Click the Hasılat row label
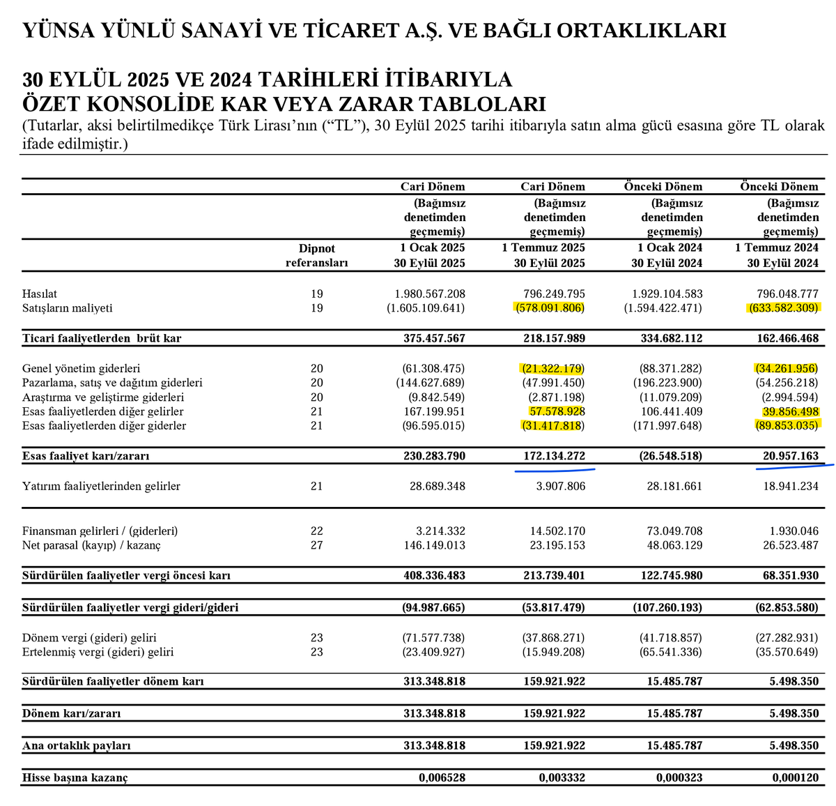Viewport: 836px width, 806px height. [x=40, y=294]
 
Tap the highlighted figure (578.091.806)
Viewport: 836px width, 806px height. [x=550, y=307]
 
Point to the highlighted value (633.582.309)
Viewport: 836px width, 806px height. [x=784, y=307]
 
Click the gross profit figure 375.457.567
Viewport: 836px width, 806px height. [x=434, y=338]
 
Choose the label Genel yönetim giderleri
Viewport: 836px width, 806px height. [x=81, y=368]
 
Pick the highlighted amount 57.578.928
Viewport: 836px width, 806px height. [x=557, y=411]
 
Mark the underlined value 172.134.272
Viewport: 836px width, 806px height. [x=555, y=456]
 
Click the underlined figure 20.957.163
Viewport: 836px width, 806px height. [x=790, y=456]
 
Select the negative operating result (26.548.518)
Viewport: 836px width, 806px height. [x=669, y=456]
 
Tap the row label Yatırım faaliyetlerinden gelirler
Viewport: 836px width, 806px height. [x=101, y=486]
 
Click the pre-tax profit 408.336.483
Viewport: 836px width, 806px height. [x=434, y=576]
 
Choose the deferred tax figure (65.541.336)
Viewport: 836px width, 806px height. [x=669, y=652]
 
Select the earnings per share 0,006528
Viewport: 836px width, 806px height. [x=442, y=777]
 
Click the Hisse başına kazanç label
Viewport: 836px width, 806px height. [x=75, y=777]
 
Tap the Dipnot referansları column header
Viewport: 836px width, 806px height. [x=316, y=256]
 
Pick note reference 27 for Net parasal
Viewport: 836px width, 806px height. [x=317, y=545]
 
